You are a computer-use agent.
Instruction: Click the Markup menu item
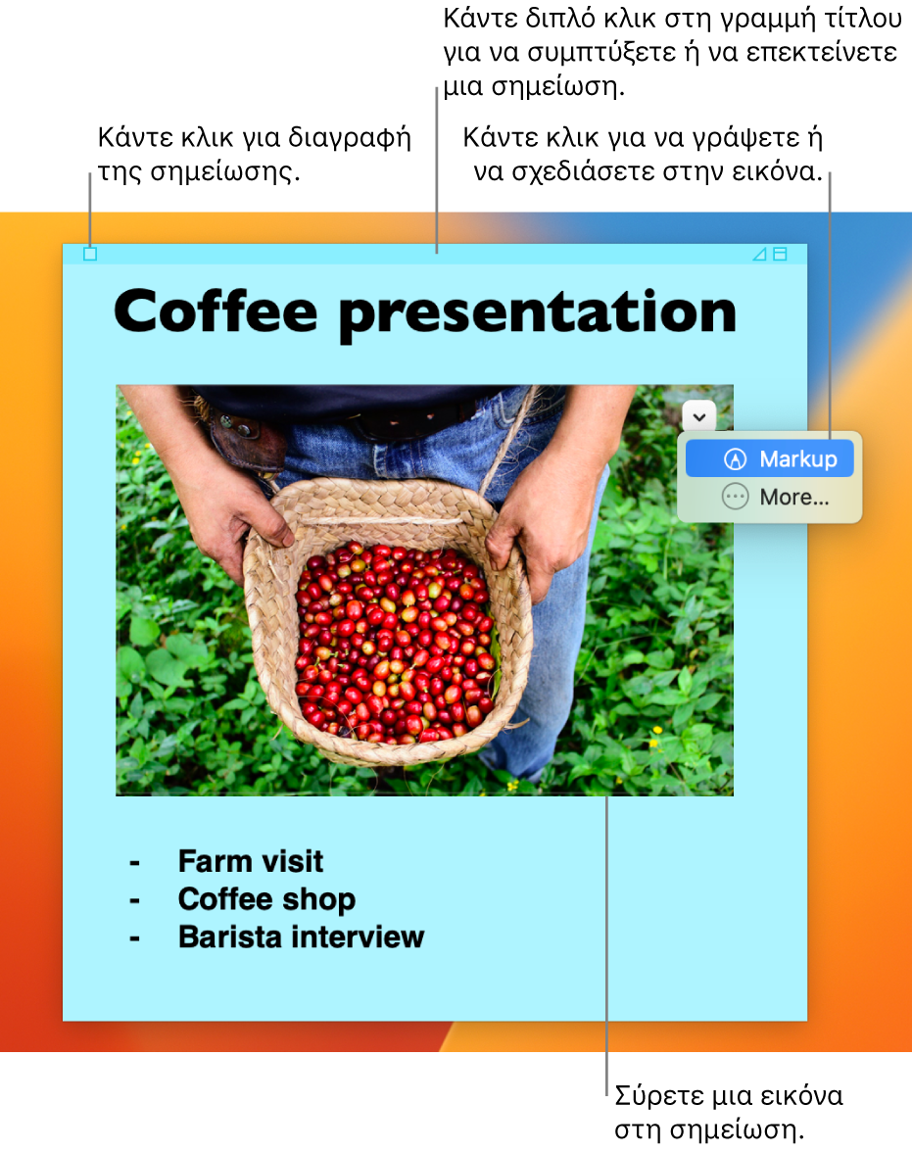pos(769,458)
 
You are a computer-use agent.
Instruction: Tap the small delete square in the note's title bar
pos(90,255)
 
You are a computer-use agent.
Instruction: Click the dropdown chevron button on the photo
pos(698,416)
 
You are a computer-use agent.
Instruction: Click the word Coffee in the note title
pos(216,312)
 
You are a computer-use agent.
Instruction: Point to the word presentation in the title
pos(537,314)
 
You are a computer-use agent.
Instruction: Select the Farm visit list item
pos(251,861)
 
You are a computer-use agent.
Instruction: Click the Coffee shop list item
pos(266,899)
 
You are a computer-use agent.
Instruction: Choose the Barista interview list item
pos(302,936)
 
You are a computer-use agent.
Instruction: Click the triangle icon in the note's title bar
pos(760,255)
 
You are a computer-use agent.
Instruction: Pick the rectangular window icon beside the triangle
pos(781,255)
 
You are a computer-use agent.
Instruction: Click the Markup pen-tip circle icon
pos(735,459)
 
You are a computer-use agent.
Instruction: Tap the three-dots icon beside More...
pos(735,498)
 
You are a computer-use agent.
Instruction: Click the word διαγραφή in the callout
pos(349,139)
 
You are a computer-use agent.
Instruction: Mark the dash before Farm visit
pos(134,862)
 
